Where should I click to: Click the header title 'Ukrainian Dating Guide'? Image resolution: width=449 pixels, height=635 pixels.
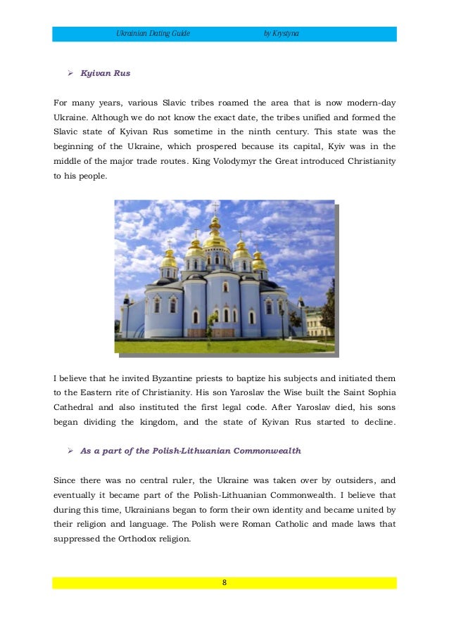tap(153, 34)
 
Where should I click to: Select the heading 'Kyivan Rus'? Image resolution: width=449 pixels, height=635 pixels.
tap(106, 72)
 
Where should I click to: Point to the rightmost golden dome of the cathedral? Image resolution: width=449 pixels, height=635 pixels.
tap(259, 260)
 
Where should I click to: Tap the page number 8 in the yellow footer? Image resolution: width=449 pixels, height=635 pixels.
tap(224, 582)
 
